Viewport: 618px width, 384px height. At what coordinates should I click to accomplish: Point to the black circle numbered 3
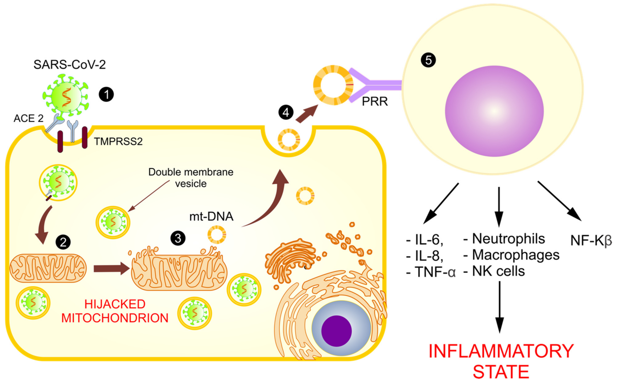[178, 238]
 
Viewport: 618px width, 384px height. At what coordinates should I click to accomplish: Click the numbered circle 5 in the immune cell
[428, 60]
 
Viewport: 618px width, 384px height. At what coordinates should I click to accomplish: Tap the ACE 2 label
[29, 118]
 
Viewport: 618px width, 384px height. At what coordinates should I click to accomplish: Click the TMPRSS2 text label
[118, 141]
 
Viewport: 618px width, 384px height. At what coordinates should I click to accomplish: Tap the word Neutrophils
[508, 239]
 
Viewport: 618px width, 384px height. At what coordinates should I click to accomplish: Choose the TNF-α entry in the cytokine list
[435, 272]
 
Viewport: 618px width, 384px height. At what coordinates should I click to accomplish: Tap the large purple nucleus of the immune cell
[494, 111]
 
